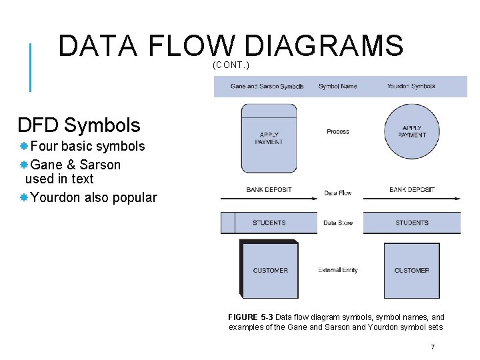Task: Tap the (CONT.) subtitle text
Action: (x=231, y=65)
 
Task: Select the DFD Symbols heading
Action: (x=79, y=125)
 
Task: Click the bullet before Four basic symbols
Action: (x=23, y=146)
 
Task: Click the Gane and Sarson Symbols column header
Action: (x=267, y=86)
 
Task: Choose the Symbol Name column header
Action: (x=337, y=86)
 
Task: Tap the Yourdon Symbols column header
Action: (x=411, y=86)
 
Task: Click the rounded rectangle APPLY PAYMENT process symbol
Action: (x=269, y=138)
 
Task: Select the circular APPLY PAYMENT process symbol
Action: (x=412, y=131)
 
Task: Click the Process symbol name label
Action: (x=338, y=131)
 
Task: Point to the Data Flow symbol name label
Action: (x=338, y=193)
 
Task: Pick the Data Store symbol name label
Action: (x=338, y=223)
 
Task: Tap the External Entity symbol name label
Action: (x=338, y=270)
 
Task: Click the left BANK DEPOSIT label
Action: (x=269, y=189)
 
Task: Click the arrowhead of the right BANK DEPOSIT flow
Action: (x=457, y=198)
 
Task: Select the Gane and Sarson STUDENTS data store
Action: (x=269, y=223)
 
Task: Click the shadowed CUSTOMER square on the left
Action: (x=269, y=270)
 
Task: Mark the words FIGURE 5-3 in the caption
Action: (x=251, y=317)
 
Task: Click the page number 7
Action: (x=433, y=347)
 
